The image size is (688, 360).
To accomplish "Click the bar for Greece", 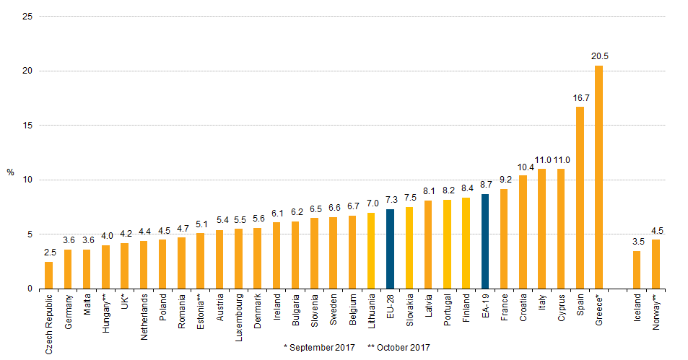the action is (598, 177).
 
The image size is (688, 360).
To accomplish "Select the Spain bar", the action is (580, 198).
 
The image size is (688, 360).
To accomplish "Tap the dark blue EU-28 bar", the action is (390, 249).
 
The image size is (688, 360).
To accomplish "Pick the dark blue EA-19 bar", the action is (485, 242).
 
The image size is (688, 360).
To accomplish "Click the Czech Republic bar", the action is (48, 276).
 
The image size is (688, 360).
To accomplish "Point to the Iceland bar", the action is (637, 270).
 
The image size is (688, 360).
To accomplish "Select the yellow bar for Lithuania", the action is (371, 251).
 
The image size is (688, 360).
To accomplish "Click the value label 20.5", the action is (600, 56).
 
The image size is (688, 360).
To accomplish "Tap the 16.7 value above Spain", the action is (581, 98).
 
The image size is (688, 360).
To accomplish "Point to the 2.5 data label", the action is (50, 253).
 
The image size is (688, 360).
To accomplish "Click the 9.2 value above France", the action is (505, 180).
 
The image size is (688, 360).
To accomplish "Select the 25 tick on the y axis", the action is (27, 16).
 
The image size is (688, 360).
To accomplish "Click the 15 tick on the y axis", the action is (27, 126).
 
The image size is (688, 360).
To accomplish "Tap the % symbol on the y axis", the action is (11, 172).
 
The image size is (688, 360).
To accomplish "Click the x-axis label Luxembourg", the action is (239, 317).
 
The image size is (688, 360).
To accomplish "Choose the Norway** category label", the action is (656, 312).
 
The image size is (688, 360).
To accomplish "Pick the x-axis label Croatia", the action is (523, 307).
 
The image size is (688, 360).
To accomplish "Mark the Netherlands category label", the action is (144, 317).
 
